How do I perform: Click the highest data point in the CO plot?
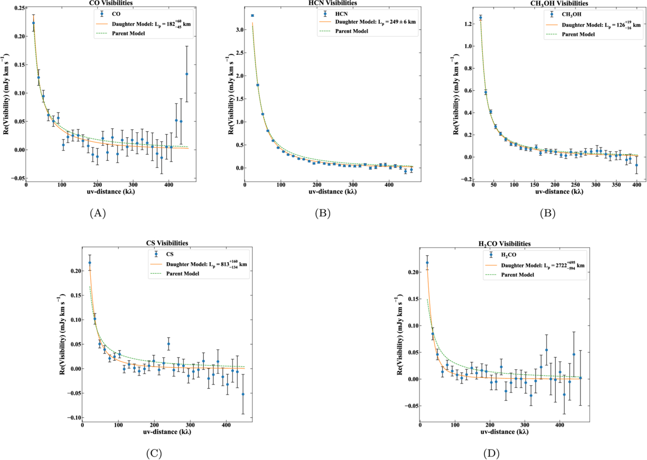34,23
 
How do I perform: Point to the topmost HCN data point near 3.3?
252,16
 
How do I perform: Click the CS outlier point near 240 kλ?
168,344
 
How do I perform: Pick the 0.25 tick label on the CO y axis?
18,8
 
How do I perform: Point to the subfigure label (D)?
490,452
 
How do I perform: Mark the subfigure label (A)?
98,213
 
